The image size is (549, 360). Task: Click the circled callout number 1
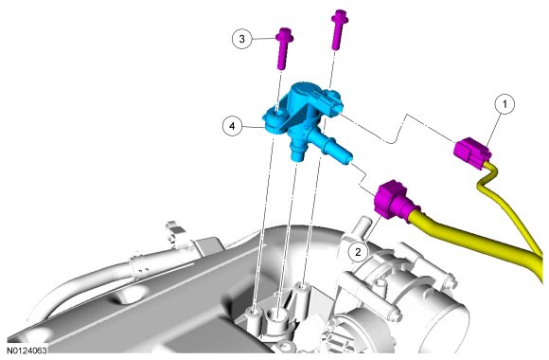pos(505,104)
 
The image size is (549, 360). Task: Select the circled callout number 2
pos(358,252)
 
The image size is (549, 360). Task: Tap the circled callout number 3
pos(242,39)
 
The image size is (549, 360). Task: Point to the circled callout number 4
pos(233,126)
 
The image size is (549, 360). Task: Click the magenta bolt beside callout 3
pos(284,48)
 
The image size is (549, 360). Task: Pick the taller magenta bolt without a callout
pos(339,29)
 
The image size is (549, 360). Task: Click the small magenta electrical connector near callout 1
pos(472,153)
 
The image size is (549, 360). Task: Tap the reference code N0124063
pos(27,350)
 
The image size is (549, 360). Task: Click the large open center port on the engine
pos(277,314)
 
